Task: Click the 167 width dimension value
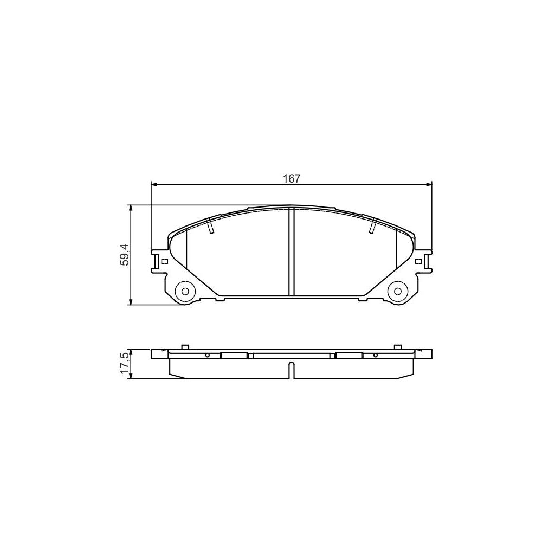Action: tap(291, 178)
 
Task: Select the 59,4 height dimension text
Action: tap(125, 254)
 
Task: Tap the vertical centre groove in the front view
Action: tap(291, 252)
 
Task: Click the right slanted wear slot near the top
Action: tap(372, 226)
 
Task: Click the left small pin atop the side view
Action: tap(184, 347)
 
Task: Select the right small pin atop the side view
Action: tap(397, 347)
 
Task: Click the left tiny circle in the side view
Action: tap(208, 356)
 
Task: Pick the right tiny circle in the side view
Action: tap(375, 356)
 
